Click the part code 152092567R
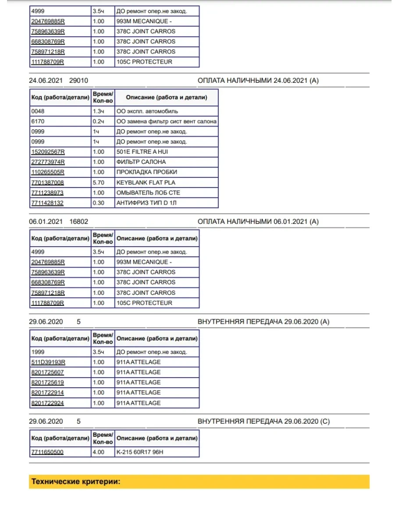click(x=47, y=152)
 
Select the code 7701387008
click(x=47, y=182)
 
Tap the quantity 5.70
click(x=99, y=182)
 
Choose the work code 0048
click(x=38, y=111)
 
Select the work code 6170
click(x=38, y=121)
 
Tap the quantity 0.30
click(x=99, y=203)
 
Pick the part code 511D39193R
click(x=48, y=362)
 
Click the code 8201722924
click(x=47, y=403)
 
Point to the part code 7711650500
click(x=47, y=452)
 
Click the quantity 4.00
click(x=99, y=452)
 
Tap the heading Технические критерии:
click(x=76, y=481)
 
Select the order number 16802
click(x=79, y=222)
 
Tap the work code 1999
click(x=38, y=352)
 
